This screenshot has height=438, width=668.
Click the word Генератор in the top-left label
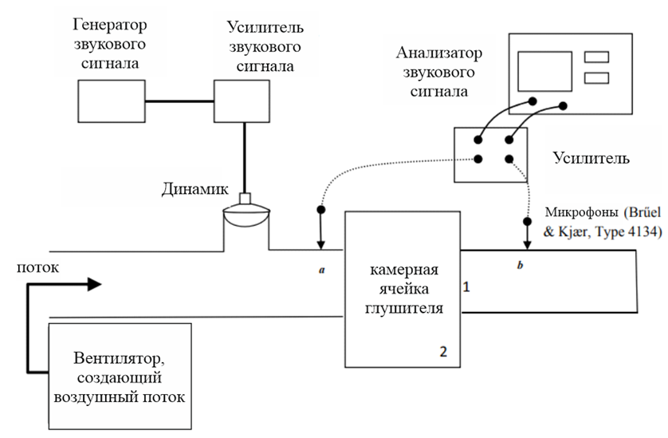point(110,25)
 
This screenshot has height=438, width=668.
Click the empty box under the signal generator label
point(111,101)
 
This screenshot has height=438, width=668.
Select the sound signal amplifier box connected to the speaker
point(242,101)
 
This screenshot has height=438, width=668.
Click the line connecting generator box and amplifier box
point(179,101)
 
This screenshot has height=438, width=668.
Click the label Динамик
point(195,189)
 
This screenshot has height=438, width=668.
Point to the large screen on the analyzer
point(544,71)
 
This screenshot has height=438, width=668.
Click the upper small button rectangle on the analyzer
point(596,57)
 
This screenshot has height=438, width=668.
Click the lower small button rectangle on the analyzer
point(596,77)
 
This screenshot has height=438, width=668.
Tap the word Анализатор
point(439,53)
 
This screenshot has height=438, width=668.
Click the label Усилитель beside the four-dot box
point(591,158)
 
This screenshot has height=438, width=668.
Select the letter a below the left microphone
point(322,270)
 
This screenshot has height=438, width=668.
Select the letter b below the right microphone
point(520,265)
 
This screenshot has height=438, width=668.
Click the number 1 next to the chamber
point(466,287)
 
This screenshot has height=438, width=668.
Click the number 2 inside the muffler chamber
point(443,351)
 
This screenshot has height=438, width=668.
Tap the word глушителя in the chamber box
point(404,308)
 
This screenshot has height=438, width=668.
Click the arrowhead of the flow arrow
point(95,284)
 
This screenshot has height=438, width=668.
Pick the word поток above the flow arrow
point(38,267)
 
